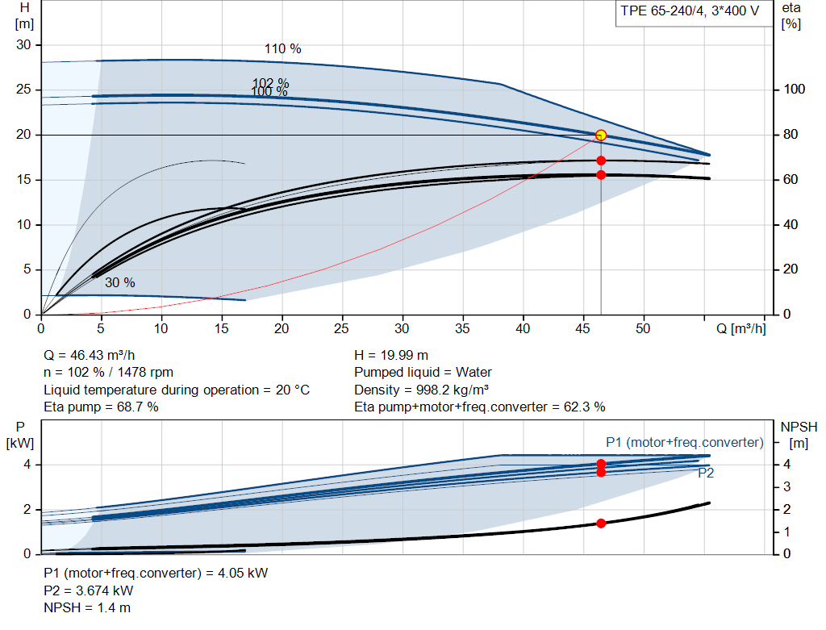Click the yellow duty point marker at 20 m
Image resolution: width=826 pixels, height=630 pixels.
600,136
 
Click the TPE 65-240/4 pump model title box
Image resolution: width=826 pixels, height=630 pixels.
691,13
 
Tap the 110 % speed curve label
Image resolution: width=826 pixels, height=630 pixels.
283,49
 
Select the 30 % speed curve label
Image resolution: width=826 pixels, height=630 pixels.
120,283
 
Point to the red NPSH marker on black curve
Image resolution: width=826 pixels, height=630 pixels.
601,523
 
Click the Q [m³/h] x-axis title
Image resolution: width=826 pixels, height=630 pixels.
740,328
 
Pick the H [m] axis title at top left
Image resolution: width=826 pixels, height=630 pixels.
24,16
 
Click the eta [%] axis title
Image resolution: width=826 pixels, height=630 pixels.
791,16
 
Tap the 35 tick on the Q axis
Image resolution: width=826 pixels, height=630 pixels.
462,328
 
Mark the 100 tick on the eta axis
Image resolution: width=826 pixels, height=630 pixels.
794,89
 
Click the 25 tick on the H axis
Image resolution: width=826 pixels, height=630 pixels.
23,89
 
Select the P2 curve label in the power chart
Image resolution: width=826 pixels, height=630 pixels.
706,473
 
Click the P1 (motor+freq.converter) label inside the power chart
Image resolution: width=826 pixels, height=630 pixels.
684,443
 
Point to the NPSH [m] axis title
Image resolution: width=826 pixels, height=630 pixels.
799,435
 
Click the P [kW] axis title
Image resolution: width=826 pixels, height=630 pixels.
20,435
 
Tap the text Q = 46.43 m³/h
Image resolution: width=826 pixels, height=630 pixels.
89,356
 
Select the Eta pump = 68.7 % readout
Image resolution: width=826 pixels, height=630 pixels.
101,407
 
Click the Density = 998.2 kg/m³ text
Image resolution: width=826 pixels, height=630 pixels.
421,390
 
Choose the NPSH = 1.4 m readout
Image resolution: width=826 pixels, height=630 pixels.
87,608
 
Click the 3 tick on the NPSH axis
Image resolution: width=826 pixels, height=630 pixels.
786,486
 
